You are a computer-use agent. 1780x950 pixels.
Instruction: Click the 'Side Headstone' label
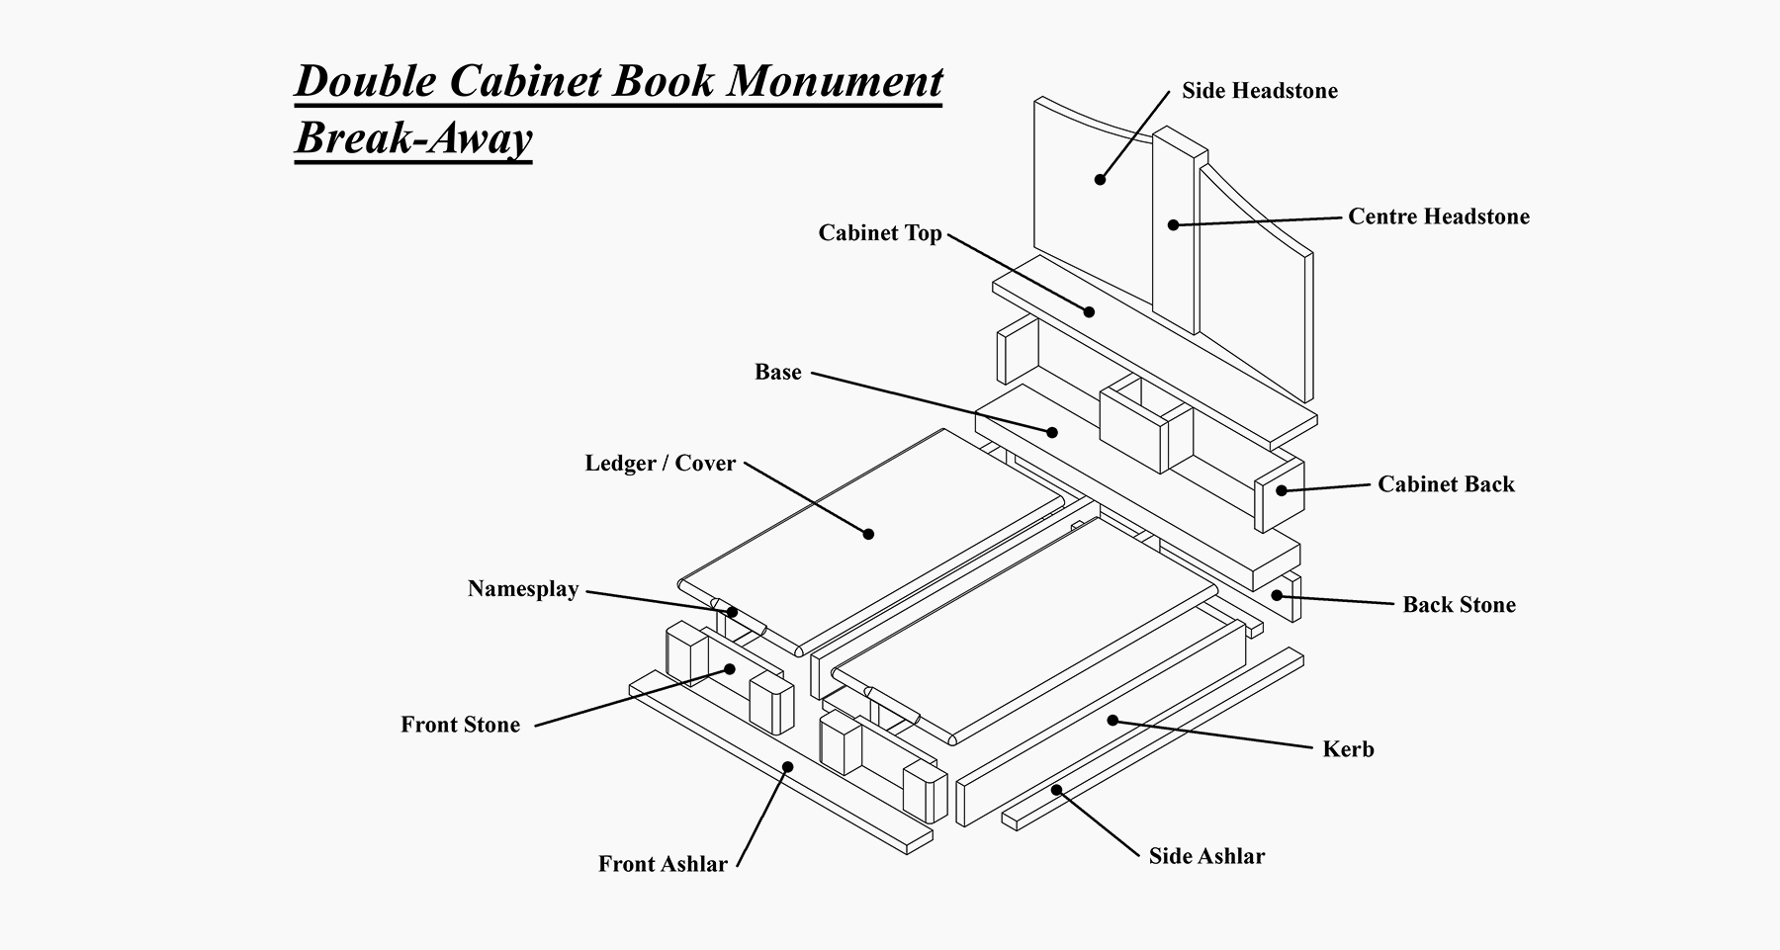[x=1259, y=91]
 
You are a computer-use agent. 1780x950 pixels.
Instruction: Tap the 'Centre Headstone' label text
[x=1438, y=216]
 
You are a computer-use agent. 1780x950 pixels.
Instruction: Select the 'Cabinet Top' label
[x=879, y=233]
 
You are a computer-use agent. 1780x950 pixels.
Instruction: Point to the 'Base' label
[x=777, y=373]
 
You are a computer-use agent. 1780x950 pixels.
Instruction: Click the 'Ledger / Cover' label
[x=660, y=464]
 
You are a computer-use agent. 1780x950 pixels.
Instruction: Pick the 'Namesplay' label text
[x=522, y=589]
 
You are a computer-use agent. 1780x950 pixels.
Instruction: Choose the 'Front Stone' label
[x=460, y=725]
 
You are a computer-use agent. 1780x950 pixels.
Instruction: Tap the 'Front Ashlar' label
[x=663, y=864]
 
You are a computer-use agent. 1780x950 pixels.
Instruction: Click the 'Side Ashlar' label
[x=1205, y=856]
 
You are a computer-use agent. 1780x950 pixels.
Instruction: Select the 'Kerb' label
[x=1348, y=749]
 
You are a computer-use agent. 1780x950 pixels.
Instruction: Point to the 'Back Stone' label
[x=1459, y=605]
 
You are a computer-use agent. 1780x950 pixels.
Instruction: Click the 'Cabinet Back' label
[x=1446, y=484]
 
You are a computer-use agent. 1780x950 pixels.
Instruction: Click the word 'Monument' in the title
[x=836, y=81]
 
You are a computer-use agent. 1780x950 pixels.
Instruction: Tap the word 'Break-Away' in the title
[x=413, y=137]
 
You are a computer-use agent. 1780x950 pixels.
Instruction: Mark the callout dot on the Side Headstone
[x=1100, y=179]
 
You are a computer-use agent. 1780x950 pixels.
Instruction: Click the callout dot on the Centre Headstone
[x=1173, y=225]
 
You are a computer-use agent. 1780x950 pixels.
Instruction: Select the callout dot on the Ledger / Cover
[x=868, y=534]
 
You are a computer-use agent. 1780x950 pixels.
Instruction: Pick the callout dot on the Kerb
[x=1112, y=721]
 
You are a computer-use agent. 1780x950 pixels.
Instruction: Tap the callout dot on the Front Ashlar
[x=788, y=766]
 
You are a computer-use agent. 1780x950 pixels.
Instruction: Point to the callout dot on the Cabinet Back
[x=1282, y=490]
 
